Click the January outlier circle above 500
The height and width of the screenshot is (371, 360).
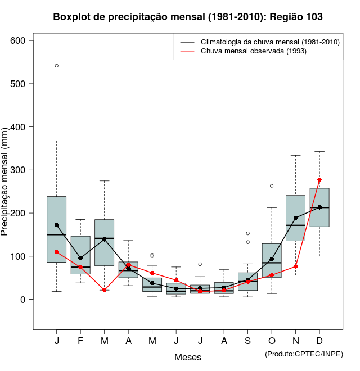tap(57, 66)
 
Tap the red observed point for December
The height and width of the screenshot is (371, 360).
tap(319, 180)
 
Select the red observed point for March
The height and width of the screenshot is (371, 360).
tap(105, 290)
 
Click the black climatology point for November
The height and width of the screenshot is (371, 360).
tap(296, 218)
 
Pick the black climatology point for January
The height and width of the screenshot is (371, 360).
tap(57, 225)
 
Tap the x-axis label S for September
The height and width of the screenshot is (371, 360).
tap(248, 341)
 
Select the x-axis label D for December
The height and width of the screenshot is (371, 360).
tap(319, 341)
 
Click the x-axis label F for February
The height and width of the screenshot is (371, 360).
tap(80, 341)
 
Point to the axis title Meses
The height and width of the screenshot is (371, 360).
tap(187, 357)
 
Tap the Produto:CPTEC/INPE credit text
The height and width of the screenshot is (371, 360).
tap(304, 354)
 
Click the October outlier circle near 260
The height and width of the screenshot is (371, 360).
tap(272, 185)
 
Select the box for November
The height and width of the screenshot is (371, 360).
tap(296, 218)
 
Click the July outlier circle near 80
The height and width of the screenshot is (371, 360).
tap(200, 264)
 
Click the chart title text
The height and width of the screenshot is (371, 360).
tap(188, 16)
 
